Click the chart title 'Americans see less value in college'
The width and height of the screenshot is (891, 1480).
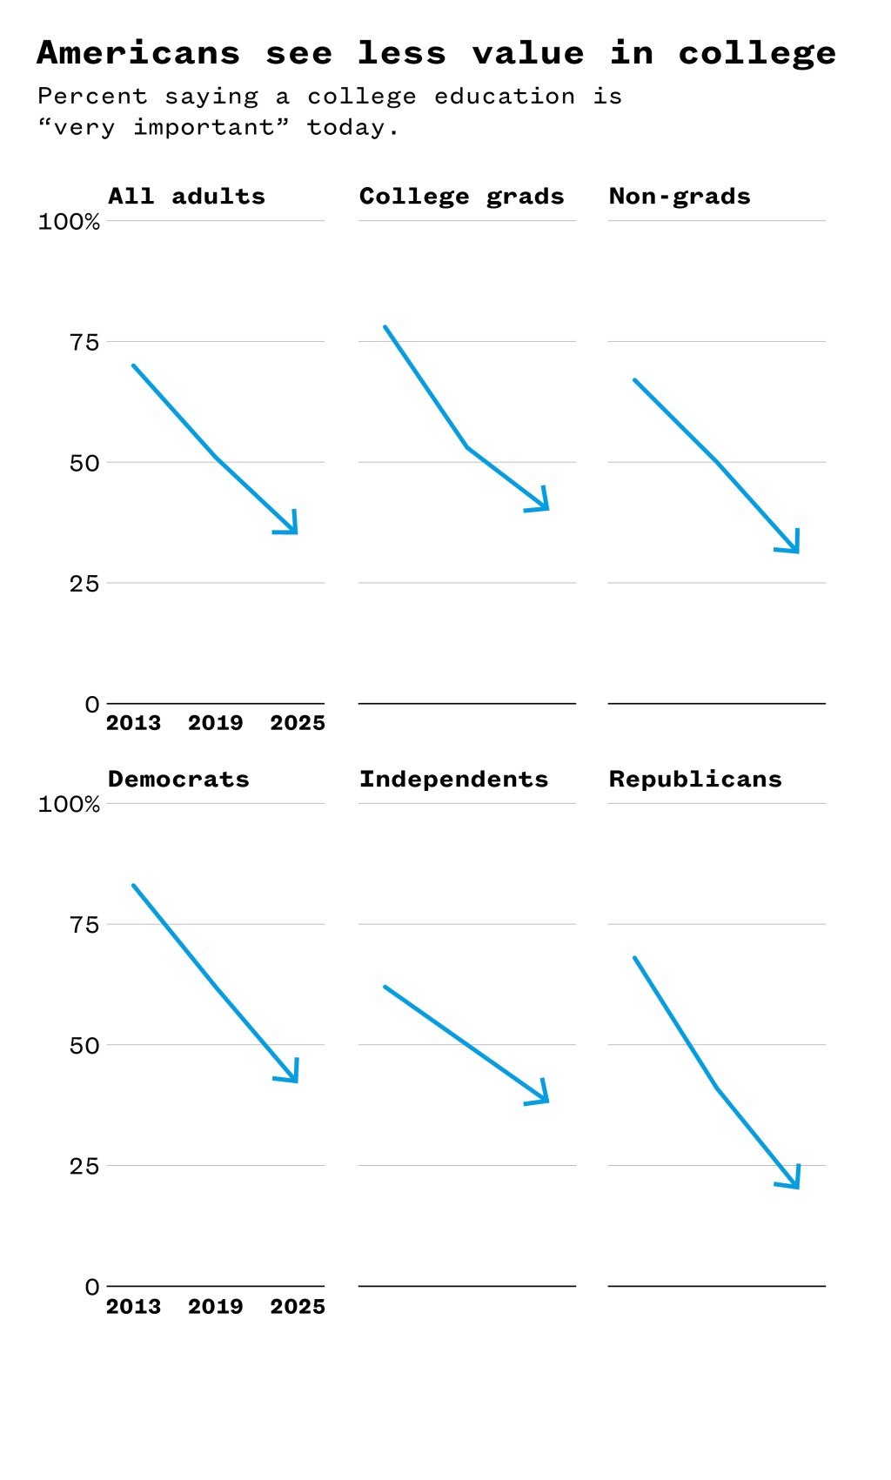(x=436, y=54)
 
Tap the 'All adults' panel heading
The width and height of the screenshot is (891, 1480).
(x=186, y=197)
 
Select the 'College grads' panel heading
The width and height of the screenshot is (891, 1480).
(x=461, y=197)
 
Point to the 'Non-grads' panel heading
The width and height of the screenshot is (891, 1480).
(x=680, y=197)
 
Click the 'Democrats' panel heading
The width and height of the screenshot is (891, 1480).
(x=178, y=780)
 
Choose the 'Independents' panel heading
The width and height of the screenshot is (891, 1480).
(x=453, y=780)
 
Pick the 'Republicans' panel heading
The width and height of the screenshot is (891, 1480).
(x=695, y=780)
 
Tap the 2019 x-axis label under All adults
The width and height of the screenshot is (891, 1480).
(x=215, y=723)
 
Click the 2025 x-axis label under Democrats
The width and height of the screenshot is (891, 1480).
(x=298, y=1307)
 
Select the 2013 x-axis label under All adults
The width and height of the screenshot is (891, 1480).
(x=133, y=723)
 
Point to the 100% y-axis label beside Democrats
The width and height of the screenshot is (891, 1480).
(x=69, y=805)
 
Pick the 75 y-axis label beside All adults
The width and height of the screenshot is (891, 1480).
(x=84, y=343)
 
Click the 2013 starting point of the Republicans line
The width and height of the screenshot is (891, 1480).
(x=635, y=958)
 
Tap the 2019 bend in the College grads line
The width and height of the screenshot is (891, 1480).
(x=467, y=447)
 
